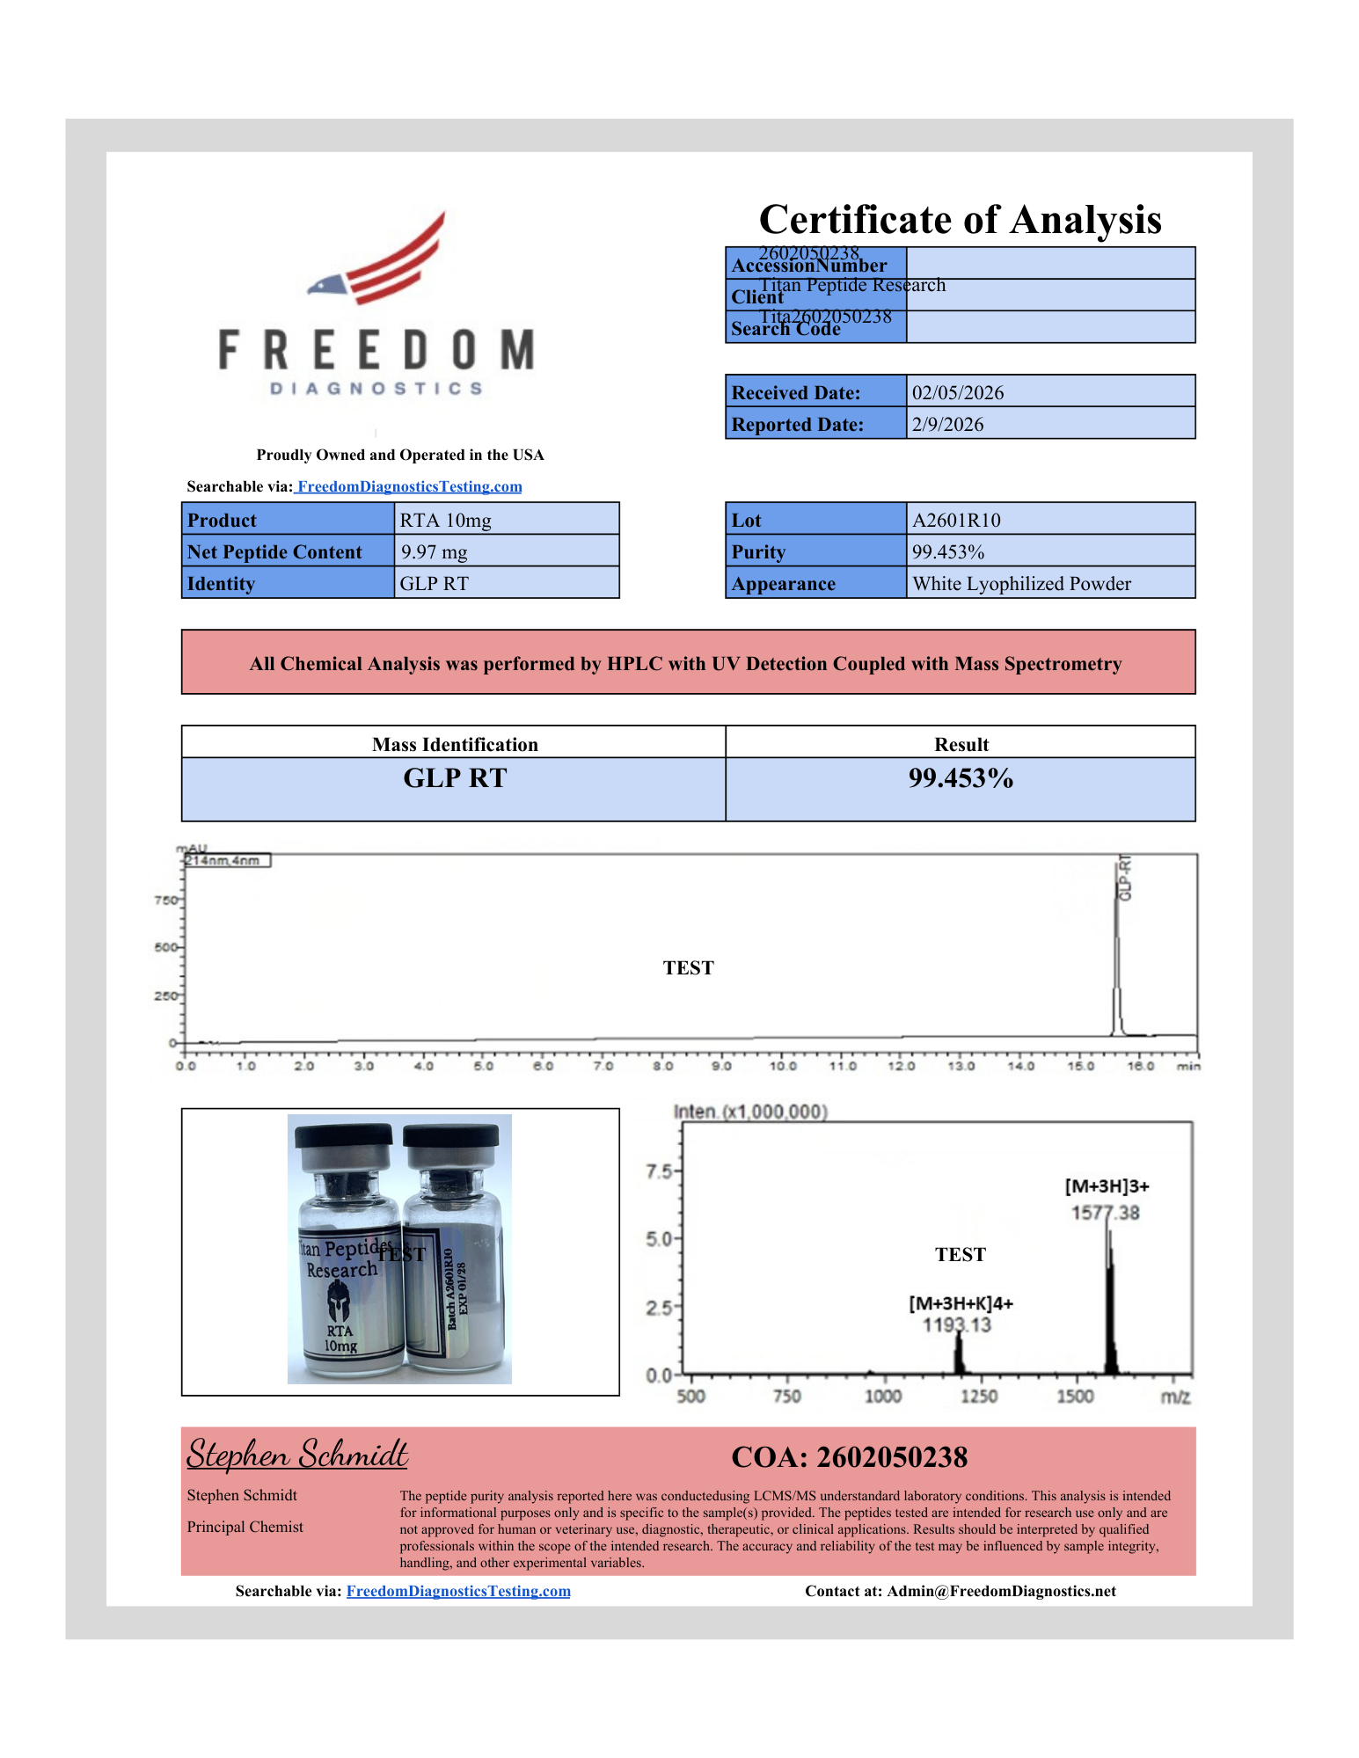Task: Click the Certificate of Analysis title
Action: [x=960, y=220]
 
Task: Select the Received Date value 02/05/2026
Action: [x=957, y=393]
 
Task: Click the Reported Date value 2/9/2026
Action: [x=947, y=425]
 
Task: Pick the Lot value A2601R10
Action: [x=956, y=521]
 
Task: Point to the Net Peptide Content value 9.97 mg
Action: [x=434, y=552]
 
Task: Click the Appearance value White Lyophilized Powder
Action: [x=1021, y=584]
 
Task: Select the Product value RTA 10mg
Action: [x=445, y=521]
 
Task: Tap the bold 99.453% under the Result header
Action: [x=961, y=778]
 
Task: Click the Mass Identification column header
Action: [x=455, y=745]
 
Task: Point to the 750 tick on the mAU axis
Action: [x=165, y=901]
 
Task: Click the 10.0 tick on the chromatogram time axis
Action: [x=782, y=1066]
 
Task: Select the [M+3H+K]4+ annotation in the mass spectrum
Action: [x=961, y=1303]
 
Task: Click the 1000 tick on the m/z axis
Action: [x=882, y=1397]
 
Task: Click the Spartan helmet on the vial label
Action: [x=339, y=1302]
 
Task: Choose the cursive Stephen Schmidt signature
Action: [x=297, y=1455]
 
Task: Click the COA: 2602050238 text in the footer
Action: [x=849, y=1457]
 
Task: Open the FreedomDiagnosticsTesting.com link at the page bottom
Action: [x=458, y=1591]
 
